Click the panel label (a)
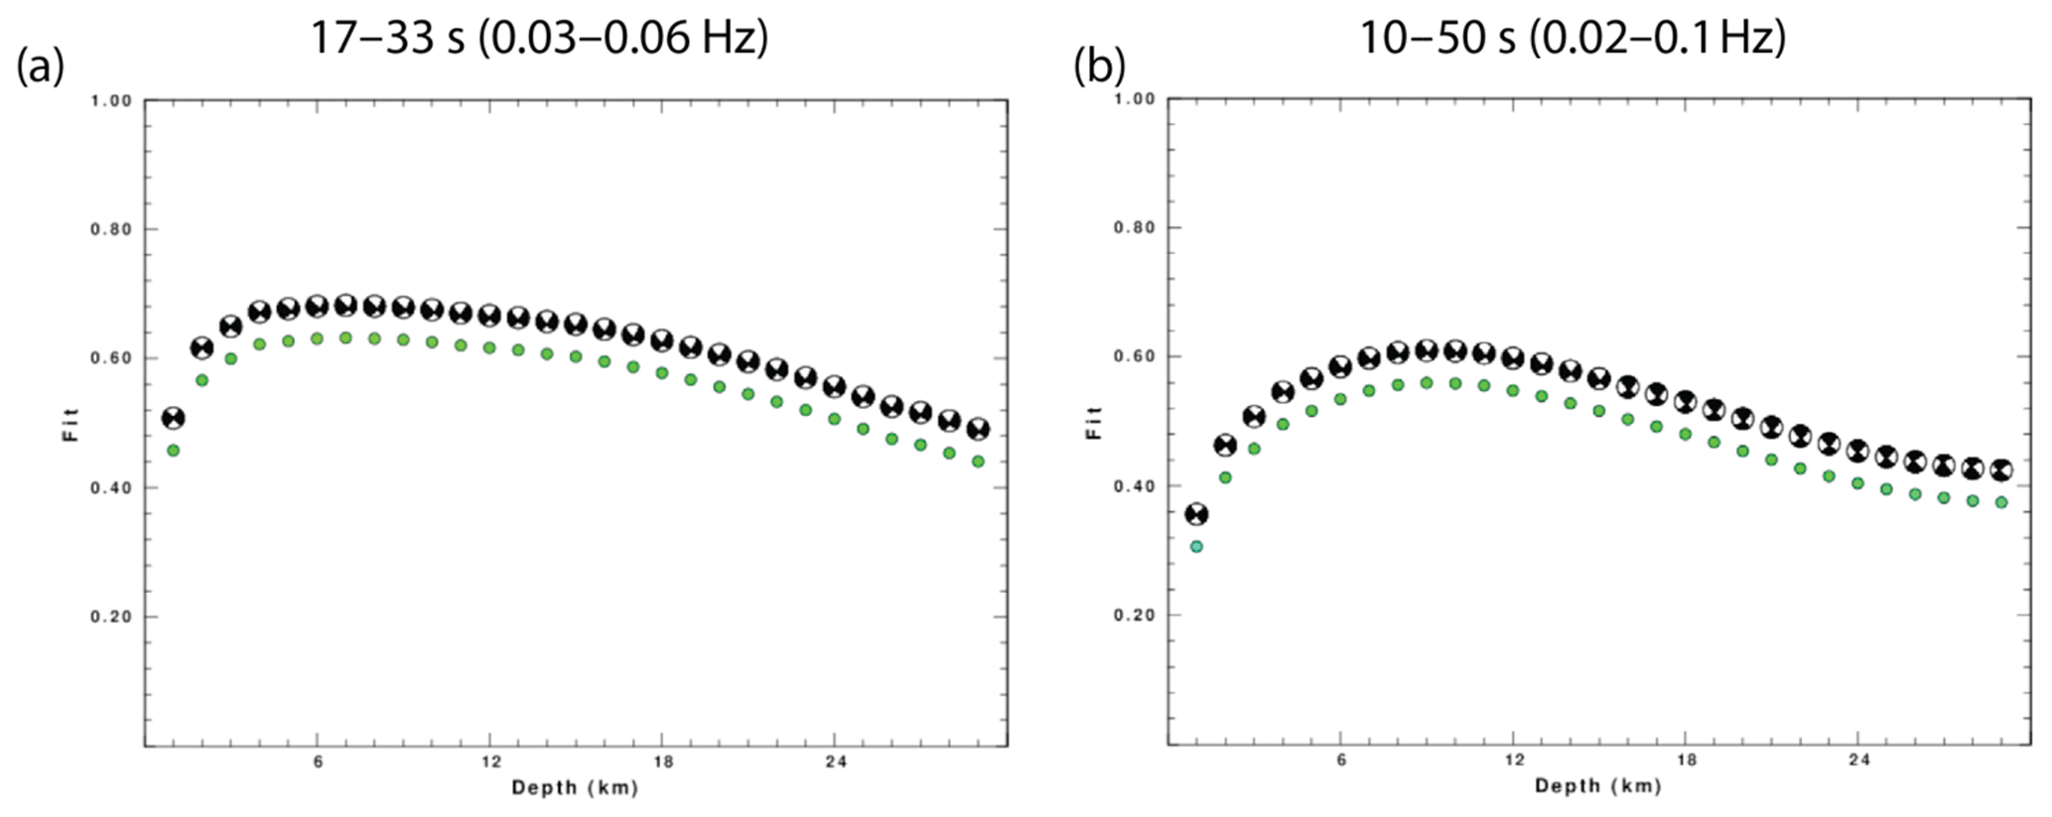pos(41,68)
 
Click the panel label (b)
pos(1100,68)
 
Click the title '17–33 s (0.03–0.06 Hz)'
pos(539,38)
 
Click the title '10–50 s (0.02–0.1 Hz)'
pos(1572,38)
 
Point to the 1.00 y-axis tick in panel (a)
pos(111,100)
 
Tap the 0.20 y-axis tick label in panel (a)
pos(111,616)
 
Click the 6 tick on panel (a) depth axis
pos(318,761)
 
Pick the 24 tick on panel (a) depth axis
pos(835,761)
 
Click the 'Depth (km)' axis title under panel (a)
pos(575,788)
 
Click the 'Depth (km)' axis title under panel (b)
pos(1597,786)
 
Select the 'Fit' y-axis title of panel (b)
pos(1094,422)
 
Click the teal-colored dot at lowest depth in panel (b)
pos(1196,547)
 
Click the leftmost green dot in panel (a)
pos(174,451)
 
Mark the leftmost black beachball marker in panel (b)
pos(1196,514)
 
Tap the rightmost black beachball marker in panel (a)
pos(978,429)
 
